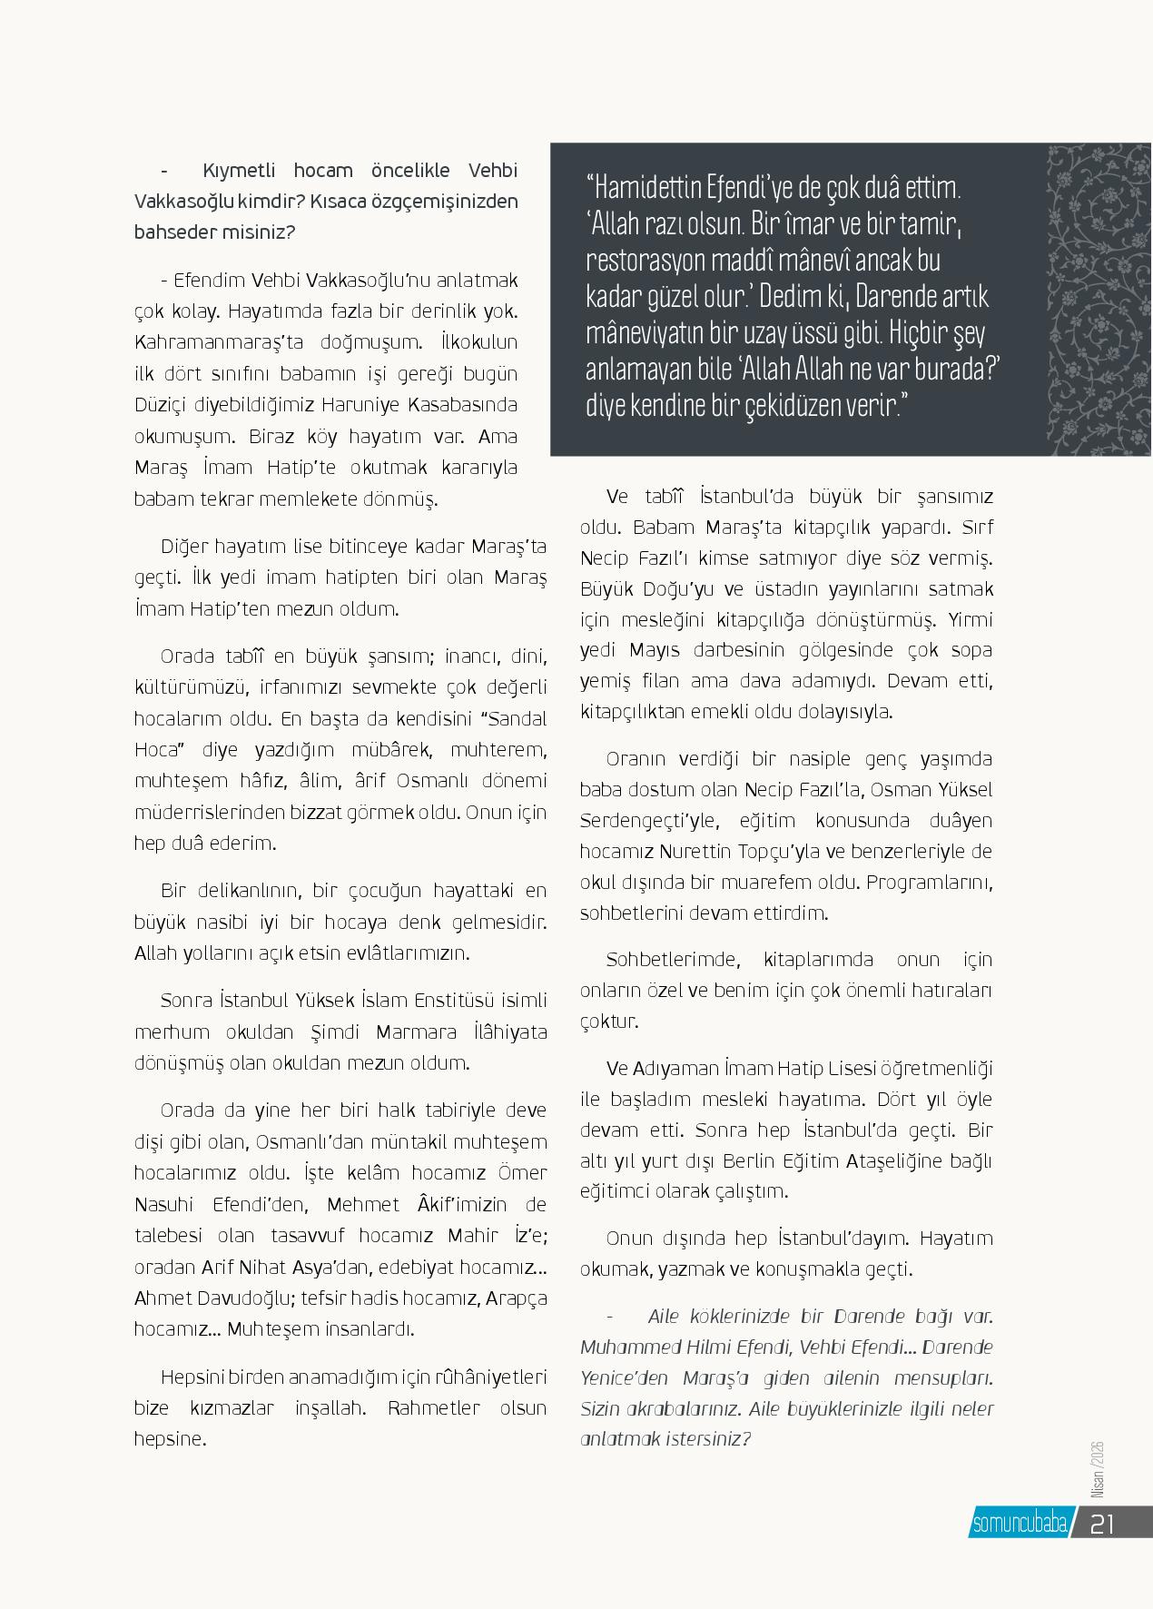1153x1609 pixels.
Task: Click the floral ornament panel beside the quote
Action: point(1099,300)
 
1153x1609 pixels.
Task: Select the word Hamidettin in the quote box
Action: point(657,190)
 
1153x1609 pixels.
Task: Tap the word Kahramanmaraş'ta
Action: point(212,342)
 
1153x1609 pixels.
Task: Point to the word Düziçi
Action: point(161,404)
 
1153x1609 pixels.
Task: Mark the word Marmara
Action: point(415,1032)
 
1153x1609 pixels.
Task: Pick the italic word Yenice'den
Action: point(626,1377)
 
